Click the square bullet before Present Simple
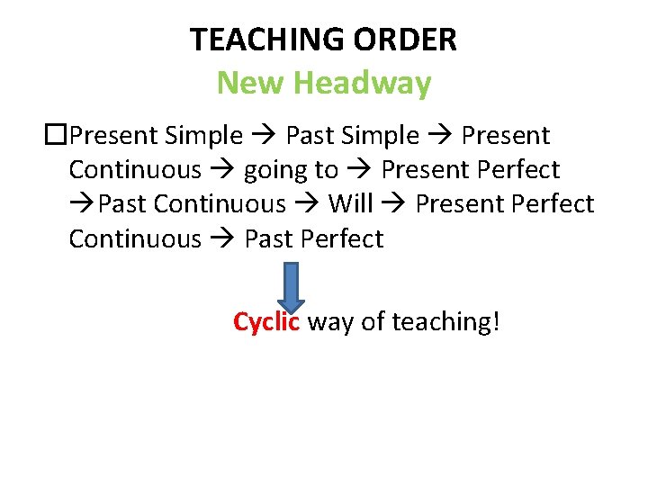(x=56, y=136)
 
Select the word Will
(x=350, y=204)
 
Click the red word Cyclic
(x=266, y=321)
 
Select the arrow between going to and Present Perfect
(x=360, y=171)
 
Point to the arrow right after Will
(x=394, y=205)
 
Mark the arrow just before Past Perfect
(x=223, y=239)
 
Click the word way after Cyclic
(x=330, y=321)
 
